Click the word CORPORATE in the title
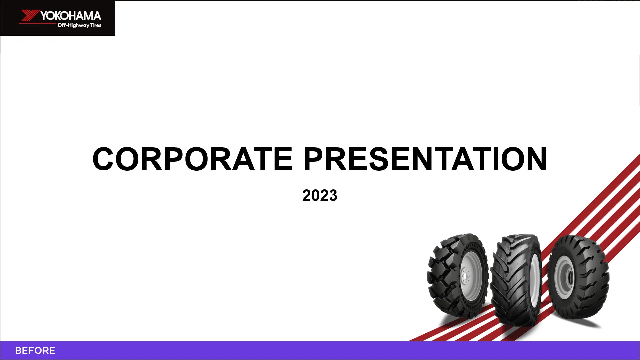pyautogui.click(x=192, y=159)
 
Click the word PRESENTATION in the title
pyautogui.click(x=425, y=159)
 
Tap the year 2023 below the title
pyautogui.click(x=320, y=195)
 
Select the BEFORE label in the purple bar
pyautogui.click(x=35, y=351)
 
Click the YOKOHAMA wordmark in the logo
pyautogui.click(x=71, y=16)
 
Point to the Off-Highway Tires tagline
pyautogui.click(x=79, y=25)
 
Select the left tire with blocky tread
pyautogui.click(x=457, y=275)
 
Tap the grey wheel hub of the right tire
pyautogui.click(x=564, y=277)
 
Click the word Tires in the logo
pyautogui.click(x=96, y=25)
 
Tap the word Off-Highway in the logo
pyautogui.click(x=73, y=25)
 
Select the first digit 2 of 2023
pyautogui.click(x=306, y=195)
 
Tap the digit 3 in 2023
pyautogui.click(x=333, y=195)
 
